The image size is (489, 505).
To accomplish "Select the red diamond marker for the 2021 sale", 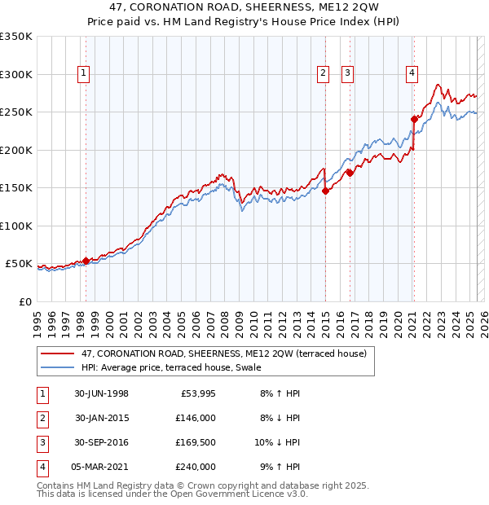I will pyautogui.click(x=414, y=119).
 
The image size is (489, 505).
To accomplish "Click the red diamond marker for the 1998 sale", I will pyautogui.click(x=86, y=261).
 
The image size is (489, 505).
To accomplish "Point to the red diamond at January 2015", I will pyautogui.click(x=325, y=191).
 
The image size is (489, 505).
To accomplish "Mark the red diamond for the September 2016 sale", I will pyautogui.click(x=350, y=173).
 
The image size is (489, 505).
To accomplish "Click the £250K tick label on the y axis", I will pyautogui.click(x=15, y=112).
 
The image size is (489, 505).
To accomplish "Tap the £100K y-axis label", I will pyautogui.click(x=15, y=226).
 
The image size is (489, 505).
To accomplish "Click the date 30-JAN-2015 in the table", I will pyautogui.click(x=102, y=418).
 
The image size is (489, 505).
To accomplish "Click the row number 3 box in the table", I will pyautogui.click(x=41, y=442).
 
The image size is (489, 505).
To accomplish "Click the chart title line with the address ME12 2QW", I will pyautogui.click(x=244, y=10).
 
